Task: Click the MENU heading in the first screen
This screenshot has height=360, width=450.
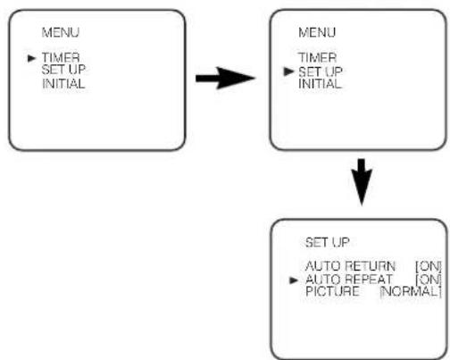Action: [61, 32]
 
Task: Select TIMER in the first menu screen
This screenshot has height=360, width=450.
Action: [61, 57]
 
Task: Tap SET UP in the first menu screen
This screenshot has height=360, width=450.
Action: [63, 70]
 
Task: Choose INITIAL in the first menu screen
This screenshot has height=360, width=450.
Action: [63, 84]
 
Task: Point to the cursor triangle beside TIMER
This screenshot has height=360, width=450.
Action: [31, 58]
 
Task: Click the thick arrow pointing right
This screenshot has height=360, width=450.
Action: [225, 78]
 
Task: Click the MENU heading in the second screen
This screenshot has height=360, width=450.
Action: [317, 32]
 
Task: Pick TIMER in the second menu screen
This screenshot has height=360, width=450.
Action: [317, 57]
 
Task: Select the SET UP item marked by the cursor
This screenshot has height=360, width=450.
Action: [321, 71]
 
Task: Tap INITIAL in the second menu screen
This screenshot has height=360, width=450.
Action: [320, 84]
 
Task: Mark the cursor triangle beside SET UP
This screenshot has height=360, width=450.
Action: [288, 71]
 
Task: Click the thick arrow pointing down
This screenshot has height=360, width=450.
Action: [362, 181]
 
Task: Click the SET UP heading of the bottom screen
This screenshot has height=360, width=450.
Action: [327, 242]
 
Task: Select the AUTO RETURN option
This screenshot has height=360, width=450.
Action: [350, 266]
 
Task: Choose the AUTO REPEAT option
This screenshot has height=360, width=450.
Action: [349, 280]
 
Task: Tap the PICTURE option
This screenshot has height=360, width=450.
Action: [332, 291]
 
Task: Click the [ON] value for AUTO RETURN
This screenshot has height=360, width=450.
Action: [429, 266]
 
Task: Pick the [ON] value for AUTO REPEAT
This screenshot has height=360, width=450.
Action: [429, 280]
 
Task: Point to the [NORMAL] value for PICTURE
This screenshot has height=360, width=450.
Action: [411, 291]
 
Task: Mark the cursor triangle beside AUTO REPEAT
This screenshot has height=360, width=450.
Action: [294, 280]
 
